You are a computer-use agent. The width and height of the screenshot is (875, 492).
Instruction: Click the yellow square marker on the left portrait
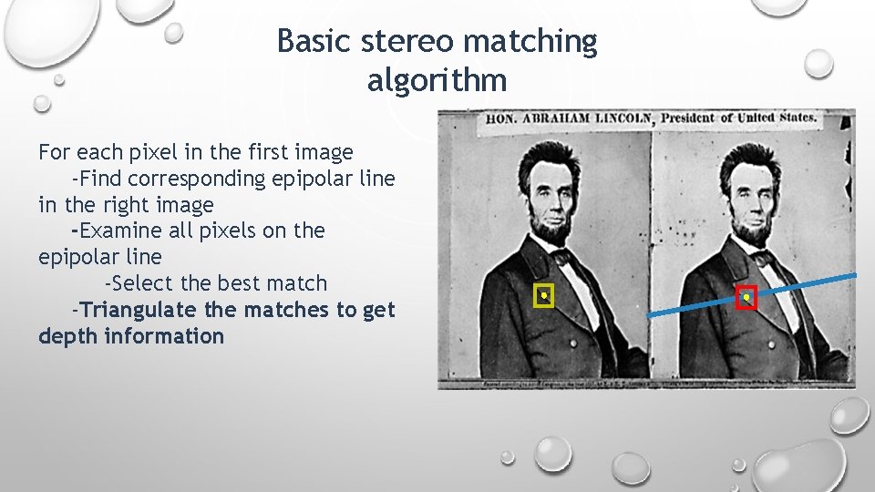pos(544,296)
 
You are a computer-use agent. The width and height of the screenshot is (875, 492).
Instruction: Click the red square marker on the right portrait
pos(746,298)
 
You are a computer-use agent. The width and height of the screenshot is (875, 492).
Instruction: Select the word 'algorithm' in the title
pos(437,81)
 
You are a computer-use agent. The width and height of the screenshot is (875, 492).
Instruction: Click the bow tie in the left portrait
pos(557,257)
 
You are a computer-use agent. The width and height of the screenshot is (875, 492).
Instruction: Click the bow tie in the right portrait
pos(758,259)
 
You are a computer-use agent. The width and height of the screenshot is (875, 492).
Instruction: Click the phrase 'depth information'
pos(130,336)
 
